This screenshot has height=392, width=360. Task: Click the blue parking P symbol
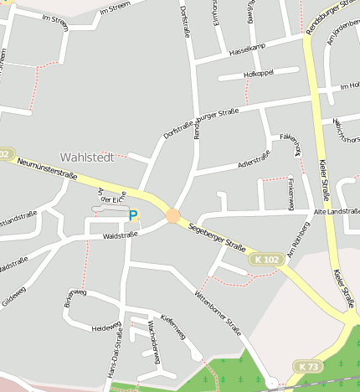pos(132,215)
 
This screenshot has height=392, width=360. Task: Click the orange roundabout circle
pos(172,215)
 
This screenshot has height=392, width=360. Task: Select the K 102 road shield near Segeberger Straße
pos(266,260)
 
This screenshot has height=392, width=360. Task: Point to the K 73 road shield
pos(307,367)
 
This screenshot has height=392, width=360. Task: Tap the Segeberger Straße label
pos(217,238)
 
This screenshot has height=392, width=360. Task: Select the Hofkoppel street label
pos(259,75)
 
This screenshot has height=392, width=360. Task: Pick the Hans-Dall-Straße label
pos(118,357)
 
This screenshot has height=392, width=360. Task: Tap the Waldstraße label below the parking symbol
pos(120,236)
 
